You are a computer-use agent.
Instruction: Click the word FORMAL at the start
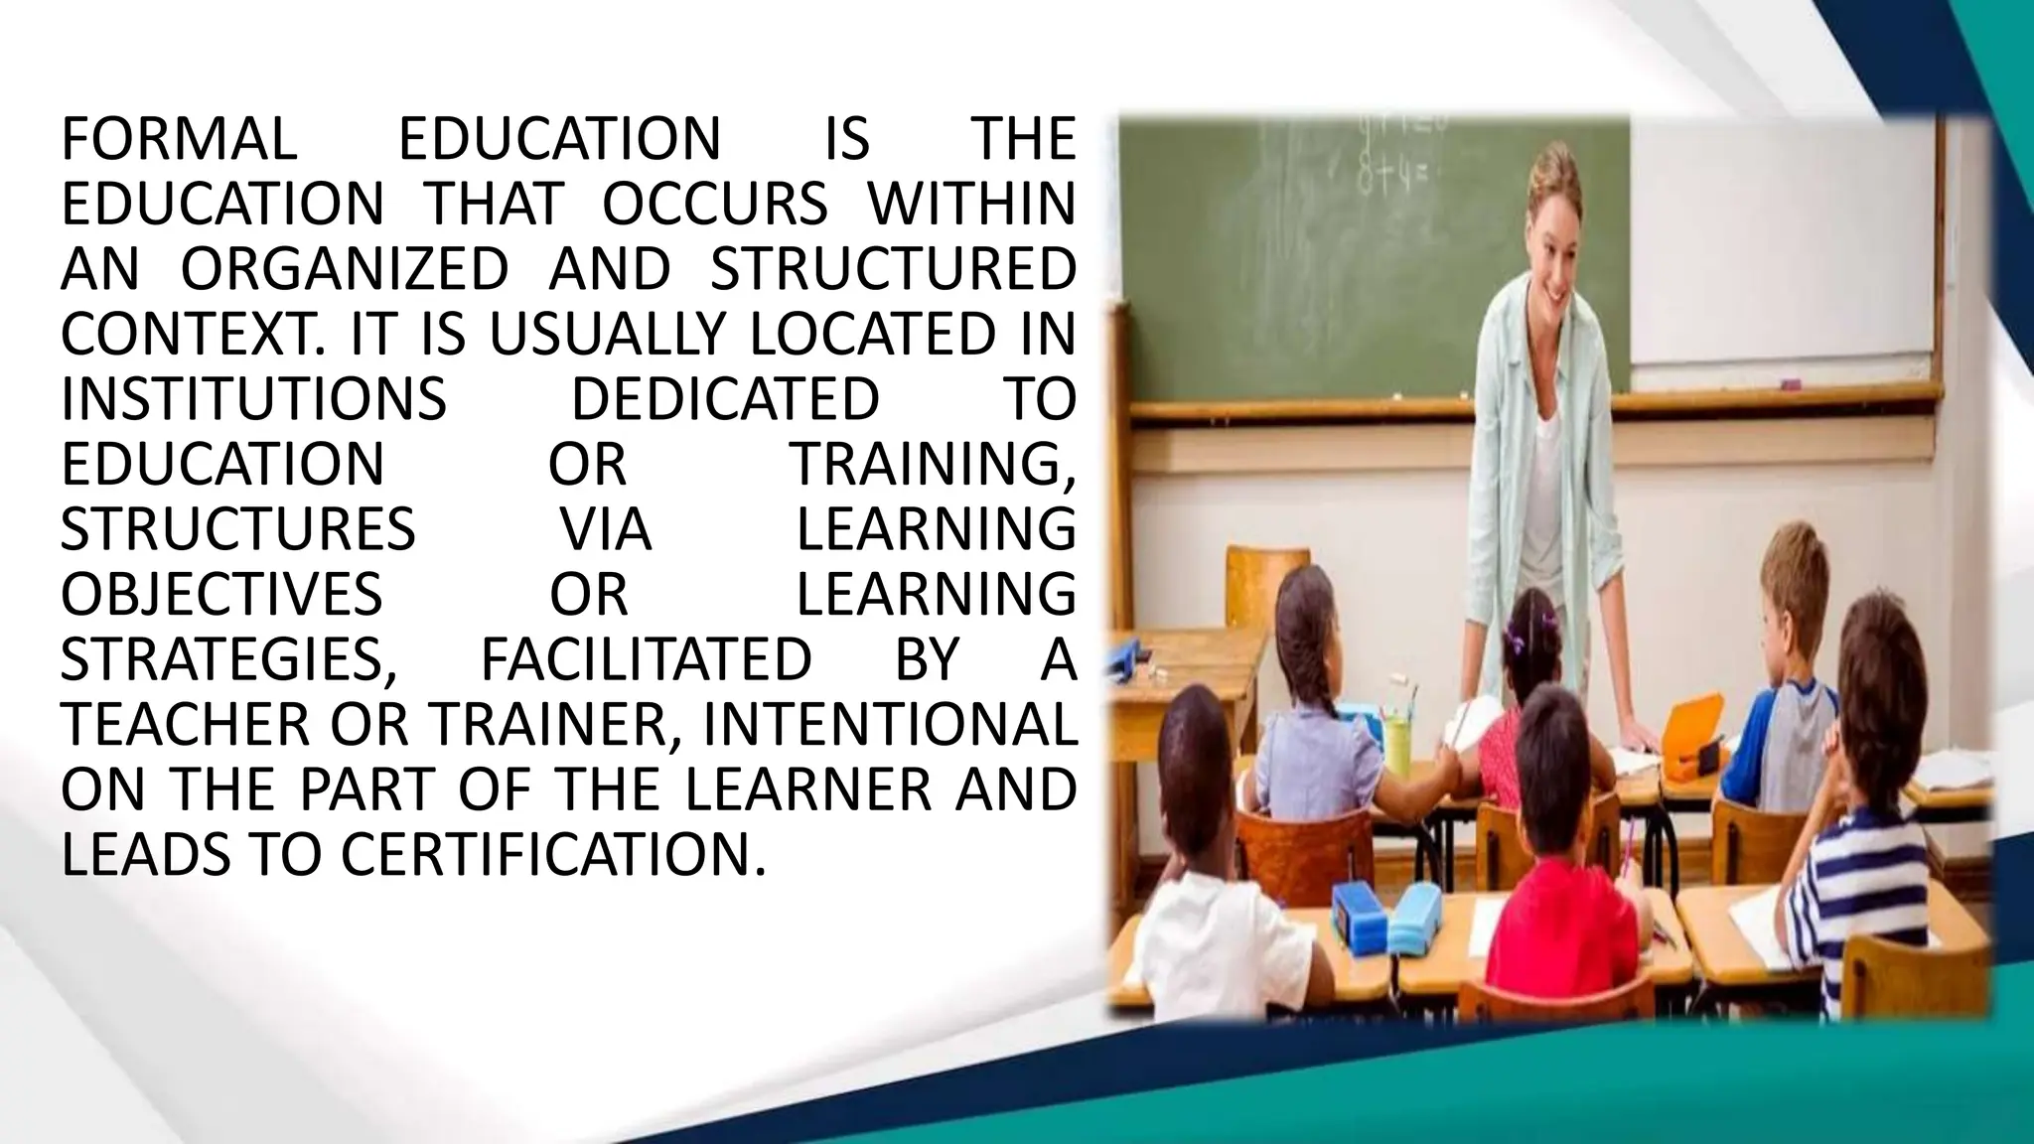(x=179, y=139)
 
